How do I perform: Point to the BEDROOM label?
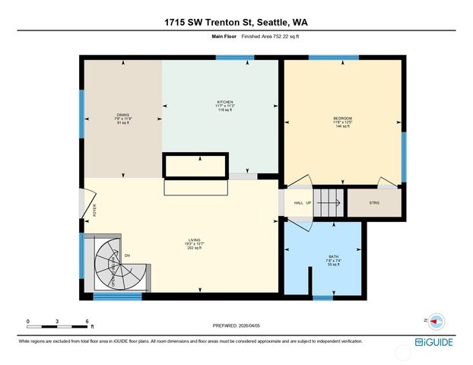[x=342, y=118]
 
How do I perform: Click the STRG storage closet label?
[x=373, y=202]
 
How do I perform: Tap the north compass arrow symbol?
[x=436, y=320]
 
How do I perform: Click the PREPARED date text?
[x=236, y=325]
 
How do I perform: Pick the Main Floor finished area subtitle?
[x=236, y=36]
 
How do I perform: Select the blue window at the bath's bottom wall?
[x=323, y=297]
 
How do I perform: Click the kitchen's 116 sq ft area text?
[x=224, y=110]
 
